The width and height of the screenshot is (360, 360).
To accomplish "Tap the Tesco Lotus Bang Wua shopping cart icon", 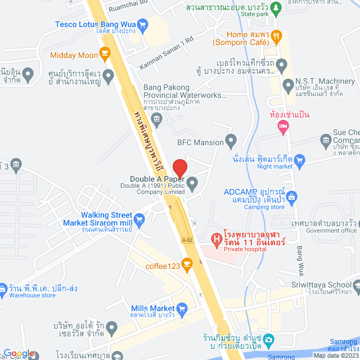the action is [x=142, y=24].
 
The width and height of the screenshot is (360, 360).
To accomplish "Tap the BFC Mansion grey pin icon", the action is [x=230, y=140].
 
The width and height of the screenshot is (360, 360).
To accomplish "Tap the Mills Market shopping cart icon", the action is [x=182, y=308].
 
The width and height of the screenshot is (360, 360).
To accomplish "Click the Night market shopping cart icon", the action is [x=299, y=160].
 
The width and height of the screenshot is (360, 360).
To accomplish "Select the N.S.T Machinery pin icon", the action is [x=289, y=85].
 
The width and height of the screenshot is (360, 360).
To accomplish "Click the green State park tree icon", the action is [x=276, y=8].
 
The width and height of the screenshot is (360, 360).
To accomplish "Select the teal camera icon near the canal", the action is [x=269, y=339].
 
